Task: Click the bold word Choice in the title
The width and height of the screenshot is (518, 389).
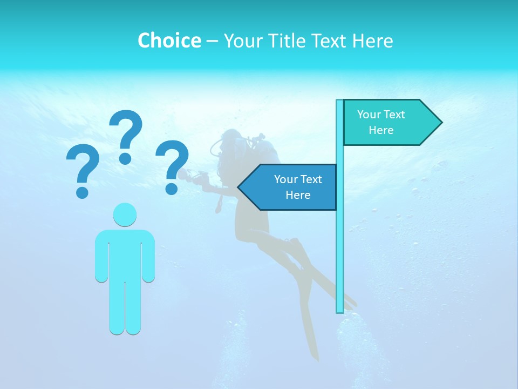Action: click(x=169, y=41)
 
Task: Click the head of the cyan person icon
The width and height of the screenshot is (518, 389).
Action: click(x=125, y=214)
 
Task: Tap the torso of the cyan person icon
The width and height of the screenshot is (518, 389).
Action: click(x=125, y=254)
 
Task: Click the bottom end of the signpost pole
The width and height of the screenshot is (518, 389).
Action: click(x=340, y=310)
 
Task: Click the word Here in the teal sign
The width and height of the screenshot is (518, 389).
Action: click(x=381, y=130)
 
